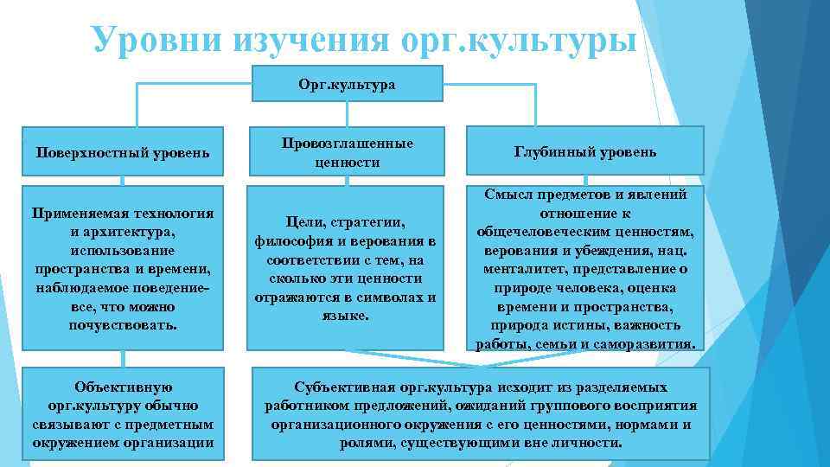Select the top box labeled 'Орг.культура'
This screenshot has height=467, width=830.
346,85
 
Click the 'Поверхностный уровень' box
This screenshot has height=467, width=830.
122,152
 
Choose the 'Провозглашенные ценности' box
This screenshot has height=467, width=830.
346,152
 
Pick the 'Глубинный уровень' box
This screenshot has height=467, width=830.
585,152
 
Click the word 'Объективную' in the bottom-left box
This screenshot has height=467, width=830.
122,387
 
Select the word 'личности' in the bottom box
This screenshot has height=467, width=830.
589,443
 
